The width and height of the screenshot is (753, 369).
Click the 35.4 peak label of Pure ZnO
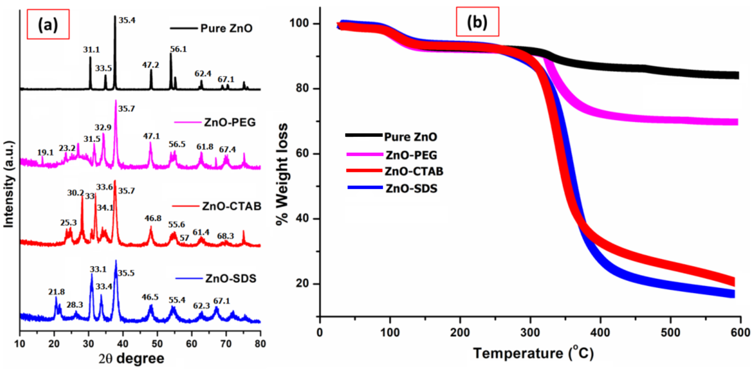pos(127,20)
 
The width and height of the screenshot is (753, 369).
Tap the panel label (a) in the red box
pos(48,25)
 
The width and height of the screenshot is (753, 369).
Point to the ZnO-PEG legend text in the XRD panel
pos(230,122)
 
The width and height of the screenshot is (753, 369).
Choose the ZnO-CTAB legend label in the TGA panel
pos(414,171)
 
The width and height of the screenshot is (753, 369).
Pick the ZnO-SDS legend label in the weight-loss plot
pos(411,189)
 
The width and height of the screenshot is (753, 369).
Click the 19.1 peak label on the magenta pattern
pos(45,153)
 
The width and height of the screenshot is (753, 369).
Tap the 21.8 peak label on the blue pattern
pos(56,292)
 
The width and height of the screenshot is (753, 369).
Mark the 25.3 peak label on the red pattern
pos(68,223)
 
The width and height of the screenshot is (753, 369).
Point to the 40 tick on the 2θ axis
pos(123,344)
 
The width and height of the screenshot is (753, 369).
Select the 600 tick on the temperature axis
pos(740,333)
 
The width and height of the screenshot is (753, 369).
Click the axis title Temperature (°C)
pos(533,353)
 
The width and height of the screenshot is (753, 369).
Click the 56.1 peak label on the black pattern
pos(178,49)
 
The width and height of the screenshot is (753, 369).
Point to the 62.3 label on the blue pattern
pos(201,306)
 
